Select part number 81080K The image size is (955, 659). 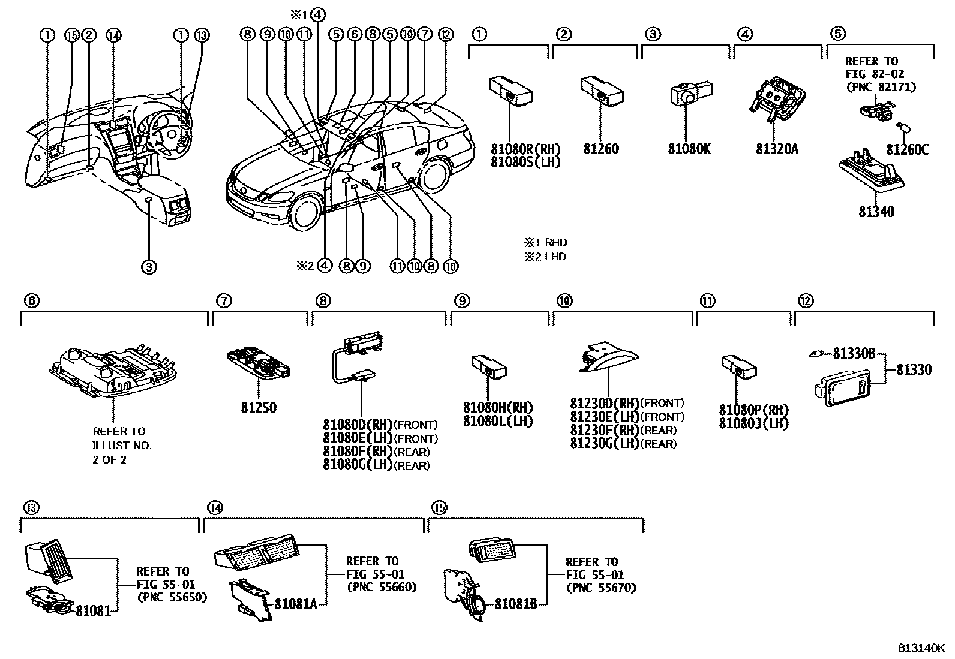(689, 148)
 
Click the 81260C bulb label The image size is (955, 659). (907, 149)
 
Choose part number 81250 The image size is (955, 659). (259, 408)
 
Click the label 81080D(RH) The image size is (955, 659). (358, 425)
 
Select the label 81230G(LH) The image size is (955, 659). (605, 444)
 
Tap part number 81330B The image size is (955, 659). (854, 354)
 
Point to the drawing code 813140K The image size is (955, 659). (921, 648)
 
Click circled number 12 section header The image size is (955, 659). (804, 302)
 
